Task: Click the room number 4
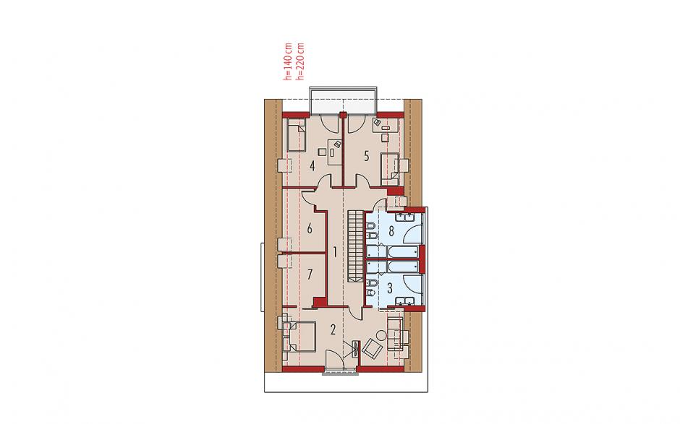312,166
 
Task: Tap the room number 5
367,156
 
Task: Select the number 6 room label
310,228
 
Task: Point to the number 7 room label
310,274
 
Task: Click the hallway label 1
334,251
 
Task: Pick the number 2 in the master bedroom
333,330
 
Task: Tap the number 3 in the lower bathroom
389,288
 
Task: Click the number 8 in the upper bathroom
391,231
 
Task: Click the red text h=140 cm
287,61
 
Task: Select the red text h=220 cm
299,61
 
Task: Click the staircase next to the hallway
354,247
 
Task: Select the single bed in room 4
295,136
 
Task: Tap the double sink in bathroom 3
406,301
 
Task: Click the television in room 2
356,348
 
